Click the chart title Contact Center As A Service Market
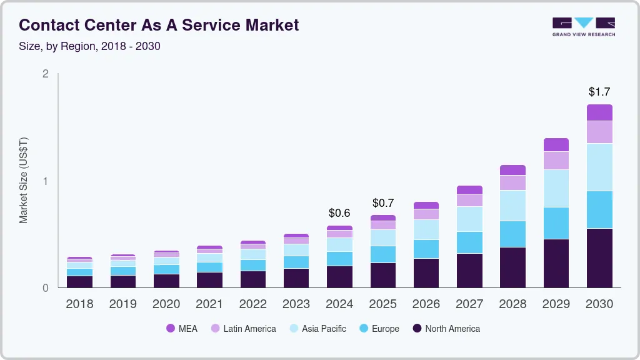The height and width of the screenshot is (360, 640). coord(159,25)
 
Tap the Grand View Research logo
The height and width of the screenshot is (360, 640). coord(583,27)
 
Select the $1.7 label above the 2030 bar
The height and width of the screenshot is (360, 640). coord(599,92)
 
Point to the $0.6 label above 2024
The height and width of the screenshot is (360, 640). coord(339,213)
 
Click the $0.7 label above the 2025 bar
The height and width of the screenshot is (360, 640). coord(383,203)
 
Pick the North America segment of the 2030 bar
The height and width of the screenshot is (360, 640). coord(599,257)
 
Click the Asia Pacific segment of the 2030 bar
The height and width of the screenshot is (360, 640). coord(599,167)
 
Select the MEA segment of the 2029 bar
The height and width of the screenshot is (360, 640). coord(556,144)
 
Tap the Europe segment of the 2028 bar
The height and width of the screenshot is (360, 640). coord(512,234)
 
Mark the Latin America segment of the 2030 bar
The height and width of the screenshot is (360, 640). coord(599,132)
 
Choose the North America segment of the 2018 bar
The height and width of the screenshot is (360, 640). coord(79,281)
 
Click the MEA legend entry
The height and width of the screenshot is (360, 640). coord(181,328)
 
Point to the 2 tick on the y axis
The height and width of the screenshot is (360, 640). coord(45,74)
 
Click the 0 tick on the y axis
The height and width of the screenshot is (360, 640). coord(45,288)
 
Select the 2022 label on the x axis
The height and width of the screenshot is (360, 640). coord(253,304)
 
